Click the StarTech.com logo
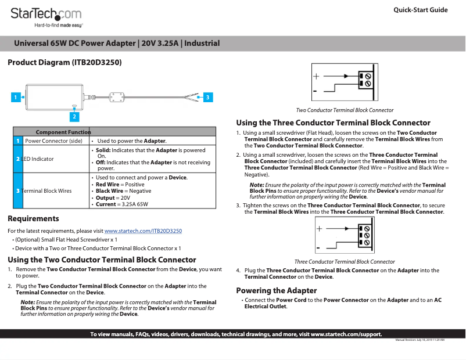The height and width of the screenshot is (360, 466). pos(46,15)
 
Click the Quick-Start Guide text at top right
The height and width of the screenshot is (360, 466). pos(420,10)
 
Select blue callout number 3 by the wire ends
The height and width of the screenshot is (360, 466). pos(208,98)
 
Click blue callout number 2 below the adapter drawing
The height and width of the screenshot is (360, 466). pos(74,117)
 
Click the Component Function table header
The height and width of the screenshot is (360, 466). pos(63,132)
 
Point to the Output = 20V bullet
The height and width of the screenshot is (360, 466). pos(113,198)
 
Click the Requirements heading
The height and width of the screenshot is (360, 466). pos(33,219)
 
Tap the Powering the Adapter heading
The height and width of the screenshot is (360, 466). pos(276,290)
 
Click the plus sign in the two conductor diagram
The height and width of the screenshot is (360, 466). pos(316,76)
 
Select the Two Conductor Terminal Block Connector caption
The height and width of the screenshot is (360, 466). pos(345,110)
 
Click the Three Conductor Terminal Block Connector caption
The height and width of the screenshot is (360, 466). pos(345,262)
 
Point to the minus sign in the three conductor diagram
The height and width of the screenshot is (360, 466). pos(317,249)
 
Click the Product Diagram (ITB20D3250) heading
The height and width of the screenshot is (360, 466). pos(64,62)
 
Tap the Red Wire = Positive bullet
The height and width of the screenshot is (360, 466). pos(120,184)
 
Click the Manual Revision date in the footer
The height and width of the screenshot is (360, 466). pos(420,340)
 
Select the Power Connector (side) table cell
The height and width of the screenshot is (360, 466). pos(53,141)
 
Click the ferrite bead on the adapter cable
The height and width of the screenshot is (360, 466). pos(119,96)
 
